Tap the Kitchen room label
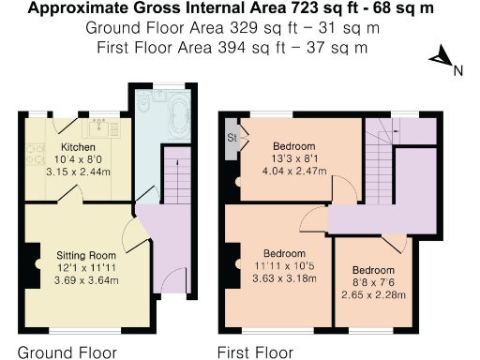coord(77,148)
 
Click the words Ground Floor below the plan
coord(68,352)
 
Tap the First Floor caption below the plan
coord(255,352)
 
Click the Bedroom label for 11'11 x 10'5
coord(283,254)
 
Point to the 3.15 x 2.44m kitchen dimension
coord(77,172)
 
